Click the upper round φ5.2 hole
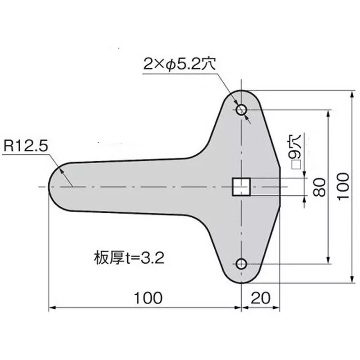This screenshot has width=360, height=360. (242, 109)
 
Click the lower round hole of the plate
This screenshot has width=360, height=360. (242, 264)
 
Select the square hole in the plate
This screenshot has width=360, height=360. (241, 187)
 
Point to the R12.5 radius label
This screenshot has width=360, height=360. (25, 146)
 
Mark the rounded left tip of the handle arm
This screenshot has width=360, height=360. (51, 186)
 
